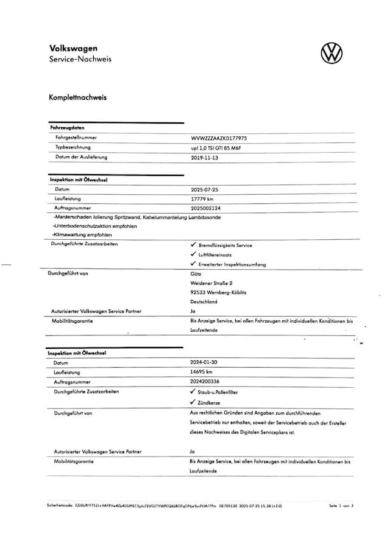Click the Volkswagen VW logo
[x=332, y=53]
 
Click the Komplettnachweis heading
[x=77, y=97]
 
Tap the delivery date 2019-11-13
[x=205, y=158]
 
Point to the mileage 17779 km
[x=202, y=198]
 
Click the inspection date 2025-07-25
[x=205, y=189]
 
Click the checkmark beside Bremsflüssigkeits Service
[x=193, y=245]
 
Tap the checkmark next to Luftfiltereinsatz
[x=193, y=254]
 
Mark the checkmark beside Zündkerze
[x=193, y=402]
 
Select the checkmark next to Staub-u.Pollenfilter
[x=193, y=392]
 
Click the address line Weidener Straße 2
[x=211, y=282]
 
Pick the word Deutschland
[x=204, y=301]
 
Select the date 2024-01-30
[x=205, y=362]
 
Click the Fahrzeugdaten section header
[x=66, y=128]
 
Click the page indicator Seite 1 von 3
[x=341, y=506]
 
